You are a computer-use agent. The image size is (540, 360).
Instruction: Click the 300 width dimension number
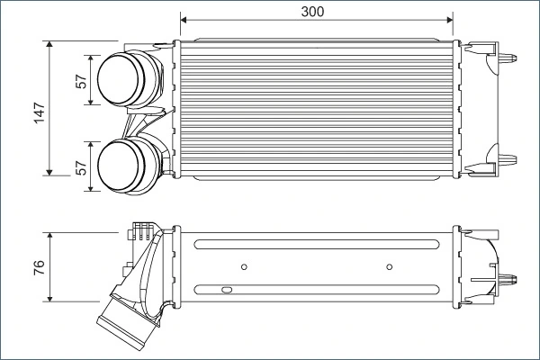click(x=312, y=11)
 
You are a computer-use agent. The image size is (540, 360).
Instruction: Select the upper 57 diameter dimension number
click(x=81, y=81)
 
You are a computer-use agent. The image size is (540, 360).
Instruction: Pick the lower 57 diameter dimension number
click(x=81, y=168)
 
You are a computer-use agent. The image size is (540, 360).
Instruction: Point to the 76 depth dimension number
click(x=39, y=267)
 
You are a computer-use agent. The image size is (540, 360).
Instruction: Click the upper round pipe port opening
click(x=118, y=80)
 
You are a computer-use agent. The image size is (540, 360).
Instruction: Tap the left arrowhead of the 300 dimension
click(x=184, y=19)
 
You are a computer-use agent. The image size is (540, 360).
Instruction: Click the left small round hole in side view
click(x=245, y=266)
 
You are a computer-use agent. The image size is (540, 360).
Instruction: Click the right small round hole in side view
click(x=389, y=266)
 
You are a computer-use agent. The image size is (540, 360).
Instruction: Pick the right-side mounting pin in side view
click(x=512, y=274)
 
